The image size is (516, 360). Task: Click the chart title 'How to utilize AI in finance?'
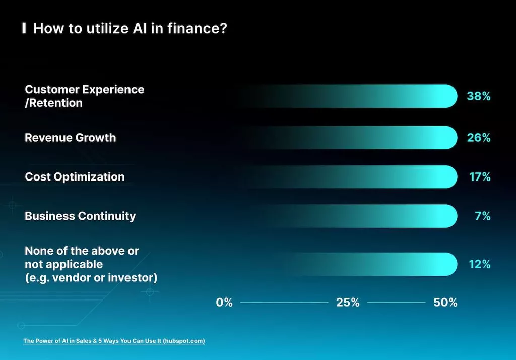(x=130, y=28)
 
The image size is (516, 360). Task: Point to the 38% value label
(x=478, y=96)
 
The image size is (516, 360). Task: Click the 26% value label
(x=478, y=138)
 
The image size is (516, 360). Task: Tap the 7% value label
(x=482, y=216)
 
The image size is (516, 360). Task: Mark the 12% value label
(x=479, y=264)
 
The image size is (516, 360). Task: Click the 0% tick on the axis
(x=224, y=303)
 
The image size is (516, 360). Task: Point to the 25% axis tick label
(x=348, y=303)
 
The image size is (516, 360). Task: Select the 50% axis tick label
(x=445, y=303)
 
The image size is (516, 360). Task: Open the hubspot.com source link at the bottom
(x=114, y=341)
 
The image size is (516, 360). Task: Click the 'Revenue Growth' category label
(x=70, y=138)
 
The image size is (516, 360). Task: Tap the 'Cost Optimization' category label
(x=75, y=177)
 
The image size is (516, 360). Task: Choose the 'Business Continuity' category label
(x=80, y=216)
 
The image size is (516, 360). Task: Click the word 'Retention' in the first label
(x=55, y=103)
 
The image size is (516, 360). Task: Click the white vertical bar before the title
(x=24, y=28)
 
